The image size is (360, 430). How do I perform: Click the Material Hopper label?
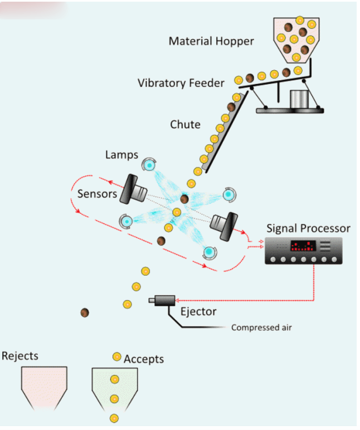tap(211, 41)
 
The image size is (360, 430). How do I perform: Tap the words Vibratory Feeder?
tap(181, 83)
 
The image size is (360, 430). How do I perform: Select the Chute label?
tap(185, 125)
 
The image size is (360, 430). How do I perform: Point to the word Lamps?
tap(121, 155)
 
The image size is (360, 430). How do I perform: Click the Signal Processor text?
tap(308, 228)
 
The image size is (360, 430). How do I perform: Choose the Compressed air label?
tap(261, 328)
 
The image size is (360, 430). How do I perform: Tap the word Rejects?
tap(20, 356)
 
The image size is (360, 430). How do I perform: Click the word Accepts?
tap(144, 359)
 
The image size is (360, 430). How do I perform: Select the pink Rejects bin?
tap(44, 388)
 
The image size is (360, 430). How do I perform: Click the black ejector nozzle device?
tap(162, 301)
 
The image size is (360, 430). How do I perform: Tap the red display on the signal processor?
tap(303, 246)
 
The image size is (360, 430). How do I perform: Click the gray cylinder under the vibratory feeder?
tap(299, 99)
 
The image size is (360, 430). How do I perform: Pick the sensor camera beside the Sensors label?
tap(133, 189)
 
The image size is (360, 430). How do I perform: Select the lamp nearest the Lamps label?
tap(149, 165)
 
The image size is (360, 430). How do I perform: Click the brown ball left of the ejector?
tap(85, 312)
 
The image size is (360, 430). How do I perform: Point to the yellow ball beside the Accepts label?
tap(117, 357)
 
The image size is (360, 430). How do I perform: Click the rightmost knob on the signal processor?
tap(334, 260)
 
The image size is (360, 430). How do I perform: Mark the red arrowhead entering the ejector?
tap(177, 300)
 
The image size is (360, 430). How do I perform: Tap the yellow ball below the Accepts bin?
tap(114, 418)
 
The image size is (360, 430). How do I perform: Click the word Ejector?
tap(198, 312)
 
